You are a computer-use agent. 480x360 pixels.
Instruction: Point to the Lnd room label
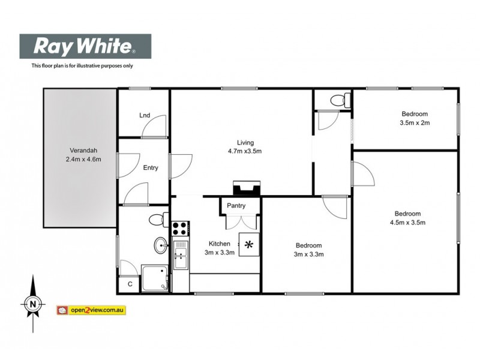click(144, 115)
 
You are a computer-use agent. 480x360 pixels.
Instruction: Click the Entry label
click(151, 168)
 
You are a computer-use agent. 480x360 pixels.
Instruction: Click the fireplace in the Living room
click(246, 189)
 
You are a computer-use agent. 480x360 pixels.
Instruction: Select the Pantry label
click(236, 206)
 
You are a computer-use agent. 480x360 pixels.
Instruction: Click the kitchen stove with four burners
click(180, 229)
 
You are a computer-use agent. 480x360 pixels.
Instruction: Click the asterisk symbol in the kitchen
click(249, 244)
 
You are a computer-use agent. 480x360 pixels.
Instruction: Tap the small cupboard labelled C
click(130, 284)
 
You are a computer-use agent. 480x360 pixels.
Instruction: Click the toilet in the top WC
click(341, 100)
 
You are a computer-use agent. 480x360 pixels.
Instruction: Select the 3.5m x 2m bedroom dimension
click(415, 123)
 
